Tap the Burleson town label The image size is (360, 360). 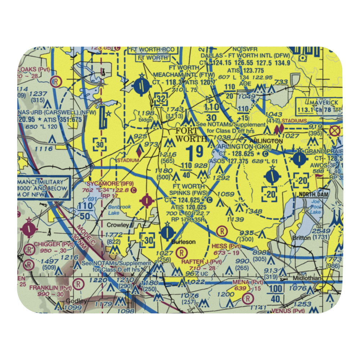(186, 242)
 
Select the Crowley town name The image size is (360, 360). (118, 225)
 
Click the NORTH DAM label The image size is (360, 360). (312, 195)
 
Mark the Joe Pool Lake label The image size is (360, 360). (316, 207)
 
